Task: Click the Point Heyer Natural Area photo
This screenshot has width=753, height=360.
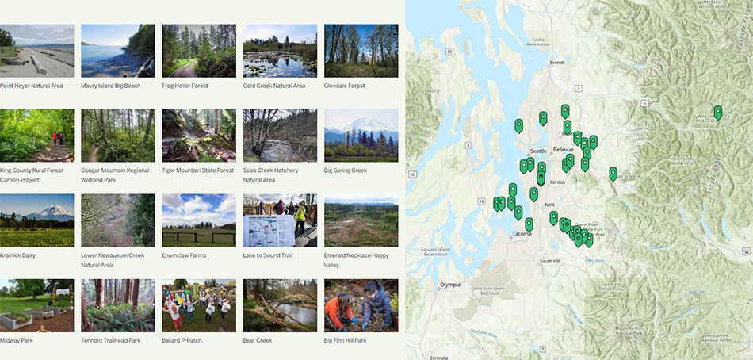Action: coord(37,50)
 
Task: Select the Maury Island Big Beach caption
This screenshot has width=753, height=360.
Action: coord(110,86)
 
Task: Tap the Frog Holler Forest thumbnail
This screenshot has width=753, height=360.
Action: coord(199,50)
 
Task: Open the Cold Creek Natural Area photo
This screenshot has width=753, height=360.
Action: coord(280,50)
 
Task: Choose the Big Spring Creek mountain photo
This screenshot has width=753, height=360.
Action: coord(361,135)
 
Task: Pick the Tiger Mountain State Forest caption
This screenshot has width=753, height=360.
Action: coord(198,170)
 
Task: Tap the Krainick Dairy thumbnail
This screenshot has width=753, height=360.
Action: coord(37,220)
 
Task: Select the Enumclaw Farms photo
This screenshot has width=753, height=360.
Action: coord(199,220)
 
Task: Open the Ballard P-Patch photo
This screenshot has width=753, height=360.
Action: coord(199,305)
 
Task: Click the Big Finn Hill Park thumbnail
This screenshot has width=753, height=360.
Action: coord(361,305)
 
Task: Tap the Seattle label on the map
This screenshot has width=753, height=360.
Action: coord(538,151)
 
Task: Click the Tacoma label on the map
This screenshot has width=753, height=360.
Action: coord(521,234)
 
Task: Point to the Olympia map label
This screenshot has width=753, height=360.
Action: coord(449,284)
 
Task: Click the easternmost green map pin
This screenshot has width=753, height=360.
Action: coord(718,113)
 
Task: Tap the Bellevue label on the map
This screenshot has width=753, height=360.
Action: coord(564,149)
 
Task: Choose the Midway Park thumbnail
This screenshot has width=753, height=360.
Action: coord(37,305)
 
